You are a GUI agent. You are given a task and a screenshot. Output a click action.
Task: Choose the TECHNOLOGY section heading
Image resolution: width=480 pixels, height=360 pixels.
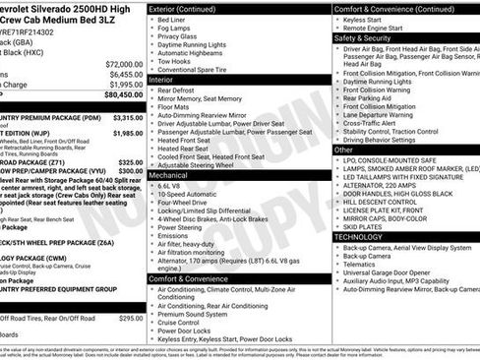(x=359, y=237)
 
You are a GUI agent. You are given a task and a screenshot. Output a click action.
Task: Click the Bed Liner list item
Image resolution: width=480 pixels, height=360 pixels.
(x=171, y=19)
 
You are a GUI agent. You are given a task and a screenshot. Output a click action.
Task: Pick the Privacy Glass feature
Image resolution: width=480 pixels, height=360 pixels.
(x=179, y=36)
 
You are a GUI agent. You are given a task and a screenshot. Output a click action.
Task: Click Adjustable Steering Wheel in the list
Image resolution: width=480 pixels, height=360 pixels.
(x=200, y=165)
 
